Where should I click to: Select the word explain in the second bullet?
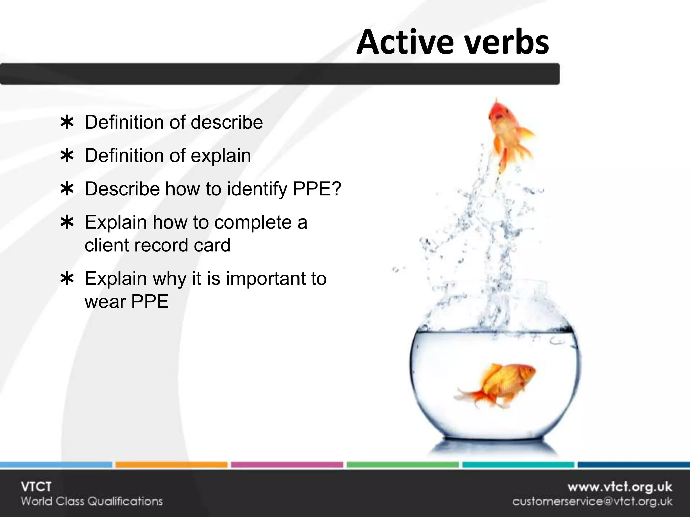point(221,156)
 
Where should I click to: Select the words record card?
point(182,245)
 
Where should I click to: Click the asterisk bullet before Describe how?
point(67,189)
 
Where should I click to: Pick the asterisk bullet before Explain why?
point(67,279)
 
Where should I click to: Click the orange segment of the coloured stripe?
point(171,465)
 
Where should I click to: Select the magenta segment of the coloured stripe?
point(287,465)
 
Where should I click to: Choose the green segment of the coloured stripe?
point(402,465)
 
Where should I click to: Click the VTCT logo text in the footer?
point(36,487)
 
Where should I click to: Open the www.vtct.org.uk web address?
point(620,487)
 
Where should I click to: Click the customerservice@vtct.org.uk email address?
point(592,502)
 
